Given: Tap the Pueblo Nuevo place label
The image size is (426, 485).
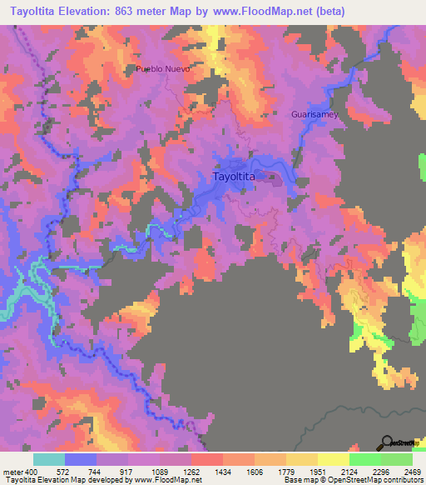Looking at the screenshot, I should coord(163,69).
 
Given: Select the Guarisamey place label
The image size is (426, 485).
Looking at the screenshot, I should coord(315,115).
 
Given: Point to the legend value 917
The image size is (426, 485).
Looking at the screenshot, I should coord(127,470).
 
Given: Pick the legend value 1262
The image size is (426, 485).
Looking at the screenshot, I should coord(191,470).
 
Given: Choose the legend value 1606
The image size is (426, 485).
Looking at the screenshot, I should coord(254,470).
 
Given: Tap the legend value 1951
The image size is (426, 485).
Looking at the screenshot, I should coord(317,470).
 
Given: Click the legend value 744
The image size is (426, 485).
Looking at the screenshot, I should coord(96,470).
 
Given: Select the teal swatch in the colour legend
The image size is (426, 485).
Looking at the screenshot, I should coord(48,459).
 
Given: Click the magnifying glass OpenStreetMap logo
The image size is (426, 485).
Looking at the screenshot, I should coord(387,442).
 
